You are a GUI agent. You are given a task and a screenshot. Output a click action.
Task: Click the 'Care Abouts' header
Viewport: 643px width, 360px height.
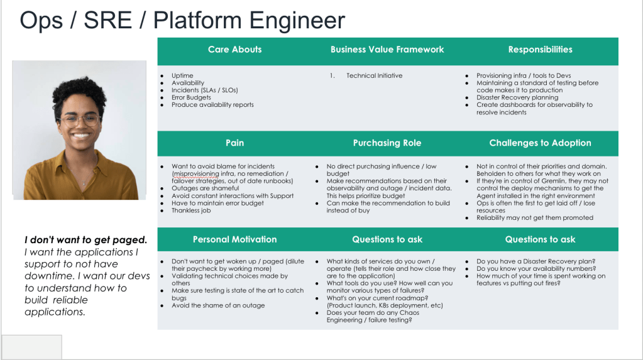(x=234, y=50)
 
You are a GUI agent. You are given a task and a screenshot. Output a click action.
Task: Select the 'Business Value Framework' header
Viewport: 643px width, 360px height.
(x=387, y=50)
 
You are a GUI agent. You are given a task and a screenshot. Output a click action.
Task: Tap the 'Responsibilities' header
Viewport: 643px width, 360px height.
(x=540, y=50)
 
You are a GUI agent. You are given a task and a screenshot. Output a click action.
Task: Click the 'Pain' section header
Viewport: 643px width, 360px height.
(x=234, y=143)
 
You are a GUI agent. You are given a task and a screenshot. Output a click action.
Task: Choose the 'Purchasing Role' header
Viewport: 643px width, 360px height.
(x=387, y=143)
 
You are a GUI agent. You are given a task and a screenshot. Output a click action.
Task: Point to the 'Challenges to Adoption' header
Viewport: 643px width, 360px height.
(x=540, y=143)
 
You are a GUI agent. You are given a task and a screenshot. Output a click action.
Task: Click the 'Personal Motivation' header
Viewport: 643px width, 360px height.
(x=234, y=239)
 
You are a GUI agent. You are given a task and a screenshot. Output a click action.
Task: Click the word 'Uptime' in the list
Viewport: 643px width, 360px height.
(x=182, y=76)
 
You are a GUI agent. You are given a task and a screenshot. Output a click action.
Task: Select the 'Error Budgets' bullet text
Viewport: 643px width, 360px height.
(x=191, y=98)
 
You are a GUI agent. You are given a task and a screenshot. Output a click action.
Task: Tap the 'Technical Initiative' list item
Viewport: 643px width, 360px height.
(x=374, y=76)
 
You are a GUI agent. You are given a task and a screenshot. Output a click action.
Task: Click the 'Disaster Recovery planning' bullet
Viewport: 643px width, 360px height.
(x=517, y=98)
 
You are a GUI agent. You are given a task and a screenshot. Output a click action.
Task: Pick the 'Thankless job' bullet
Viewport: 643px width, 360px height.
(x=191, y=211)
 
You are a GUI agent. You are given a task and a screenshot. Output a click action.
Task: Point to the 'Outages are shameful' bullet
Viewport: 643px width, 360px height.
(x=205, y=188)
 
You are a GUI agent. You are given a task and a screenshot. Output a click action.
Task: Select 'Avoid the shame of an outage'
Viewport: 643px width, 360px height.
(x=218, y=306)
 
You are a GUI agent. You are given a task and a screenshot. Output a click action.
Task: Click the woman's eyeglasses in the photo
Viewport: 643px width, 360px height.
(x=79, y=119)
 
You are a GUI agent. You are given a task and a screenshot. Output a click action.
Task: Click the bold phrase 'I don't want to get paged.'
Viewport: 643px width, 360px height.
(x=86, y=240)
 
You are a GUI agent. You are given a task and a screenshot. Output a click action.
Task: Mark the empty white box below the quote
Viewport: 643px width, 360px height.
(x=31, y=347)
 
